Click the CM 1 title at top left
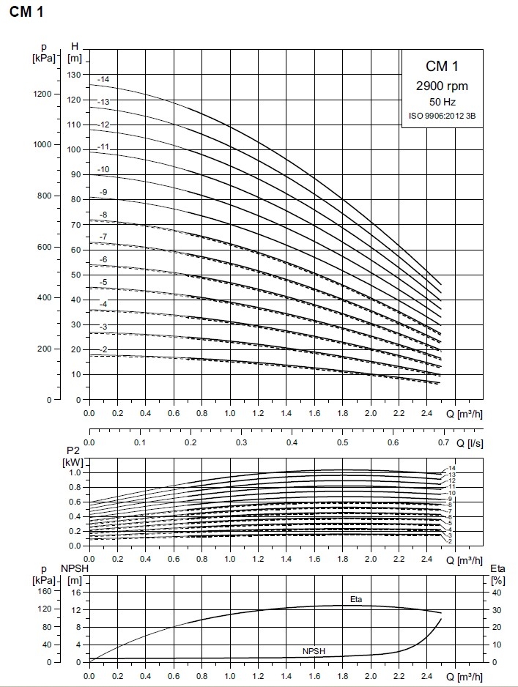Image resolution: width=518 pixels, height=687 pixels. point(25,14)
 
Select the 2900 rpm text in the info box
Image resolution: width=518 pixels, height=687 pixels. point(442,86)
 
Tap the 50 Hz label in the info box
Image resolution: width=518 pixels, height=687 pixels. point(442,102)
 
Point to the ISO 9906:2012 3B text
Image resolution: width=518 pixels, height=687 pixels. point(442,116)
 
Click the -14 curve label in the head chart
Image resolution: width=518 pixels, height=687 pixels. point(103,79)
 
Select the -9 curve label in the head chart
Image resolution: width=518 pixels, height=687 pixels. point(103,192)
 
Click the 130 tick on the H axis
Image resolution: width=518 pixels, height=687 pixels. point(73,75)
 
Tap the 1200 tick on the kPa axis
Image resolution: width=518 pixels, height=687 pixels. point(42,94)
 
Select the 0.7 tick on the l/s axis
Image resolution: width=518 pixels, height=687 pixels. point(444,442)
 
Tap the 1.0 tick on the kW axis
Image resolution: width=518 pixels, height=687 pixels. point(75,472)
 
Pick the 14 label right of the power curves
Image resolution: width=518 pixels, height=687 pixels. point(452,468)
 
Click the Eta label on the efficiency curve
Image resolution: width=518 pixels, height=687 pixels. point(356,599)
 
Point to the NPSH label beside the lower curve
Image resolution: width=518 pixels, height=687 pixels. point(314,650)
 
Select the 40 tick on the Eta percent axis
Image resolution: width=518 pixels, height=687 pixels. point(496,592)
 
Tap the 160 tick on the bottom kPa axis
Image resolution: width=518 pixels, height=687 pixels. point(45,592)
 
